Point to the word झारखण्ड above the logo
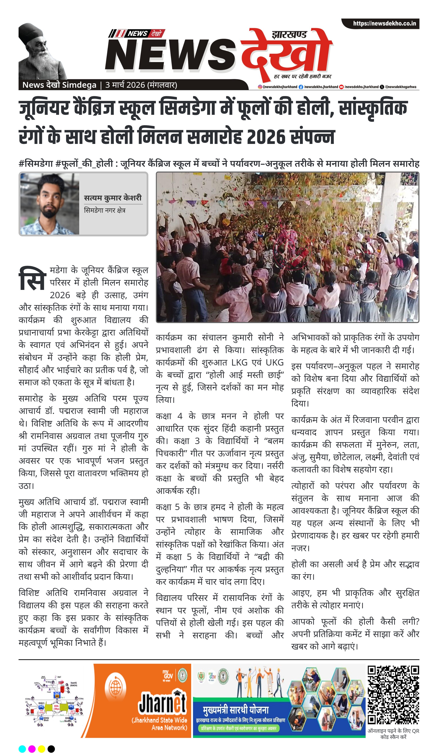(289, 35)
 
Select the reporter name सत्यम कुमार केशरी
(113, 198)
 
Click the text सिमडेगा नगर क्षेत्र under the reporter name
(105, 210)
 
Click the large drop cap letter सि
(32, 279)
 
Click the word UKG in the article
(274, 362)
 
